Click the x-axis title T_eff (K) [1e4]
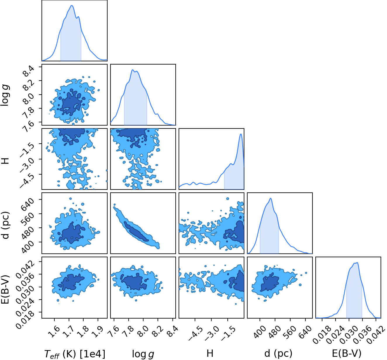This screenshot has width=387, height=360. (75, 354)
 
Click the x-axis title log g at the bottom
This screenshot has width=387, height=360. (143, 354)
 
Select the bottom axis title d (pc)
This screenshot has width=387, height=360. (279, 353)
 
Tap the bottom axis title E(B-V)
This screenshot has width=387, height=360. (347, 353)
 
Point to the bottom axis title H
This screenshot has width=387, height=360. (210, 353)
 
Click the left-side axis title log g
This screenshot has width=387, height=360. (5, 95)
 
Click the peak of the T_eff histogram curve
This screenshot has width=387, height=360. (72, 5)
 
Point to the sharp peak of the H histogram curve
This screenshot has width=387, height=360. (241, 134)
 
